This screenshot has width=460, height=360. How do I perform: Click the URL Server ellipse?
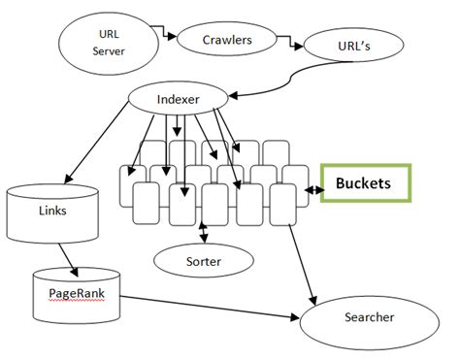(108, 42)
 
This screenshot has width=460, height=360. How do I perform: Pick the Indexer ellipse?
(178, 98)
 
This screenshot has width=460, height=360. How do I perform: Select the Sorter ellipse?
(204, 260)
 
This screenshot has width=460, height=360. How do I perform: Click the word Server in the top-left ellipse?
(109, 50)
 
